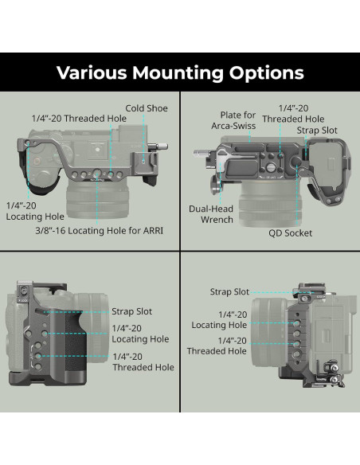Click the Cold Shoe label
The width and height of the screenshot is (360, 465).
coord(146,108)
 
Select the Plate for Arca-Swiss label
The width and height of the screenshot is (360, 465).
coord(233,120)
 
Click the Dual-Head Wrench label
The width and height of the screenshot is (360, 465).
coord(211,214)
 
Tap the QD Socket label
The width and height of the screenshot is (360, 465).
coord(291,233)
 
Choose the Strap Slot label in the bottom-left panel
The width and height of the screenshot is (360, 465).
coord(132,311)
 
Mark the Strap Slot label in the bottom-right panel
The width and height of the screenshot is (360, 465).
coord(230,292)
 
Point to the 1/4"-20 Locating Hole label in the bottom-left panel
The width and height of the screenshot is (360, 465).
coord(141,333)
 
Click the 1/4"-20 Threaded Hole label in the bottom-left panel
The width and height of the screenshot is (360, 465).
coord(143,361)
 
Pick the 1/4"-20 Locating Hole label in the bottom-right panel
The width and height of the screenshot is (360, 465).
coord(219,318)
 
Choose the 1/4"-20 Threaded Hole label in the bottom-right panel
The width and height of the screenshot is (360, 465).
coord(217,345)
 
